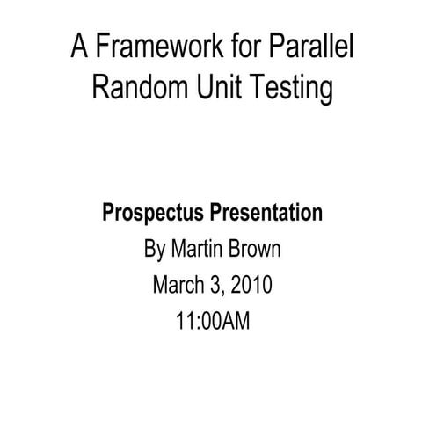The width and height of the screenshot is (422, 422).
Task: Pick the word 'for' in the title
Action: pyautogui.click(x=226, y=47)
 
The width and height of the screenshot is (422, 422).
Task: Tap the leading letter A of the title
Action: pyautogui.click(x=78, y=47)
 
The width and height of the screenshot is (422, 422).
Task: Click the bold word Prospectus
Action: pyautogui.click(x=153, y=215)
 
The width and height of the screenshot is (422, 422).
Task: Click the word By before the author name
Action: pyautogui.click(x=154, y=251)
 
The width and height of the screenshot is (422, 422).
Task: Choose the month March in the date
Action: pyautogui.click(x=179, y=286)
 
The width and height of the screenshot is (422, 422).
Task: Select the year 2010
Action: pyautogui.click(x=252, y=286)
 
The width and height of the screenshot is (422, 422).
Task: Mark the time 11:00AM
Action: pyautogui.click(x=212, y=322)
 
